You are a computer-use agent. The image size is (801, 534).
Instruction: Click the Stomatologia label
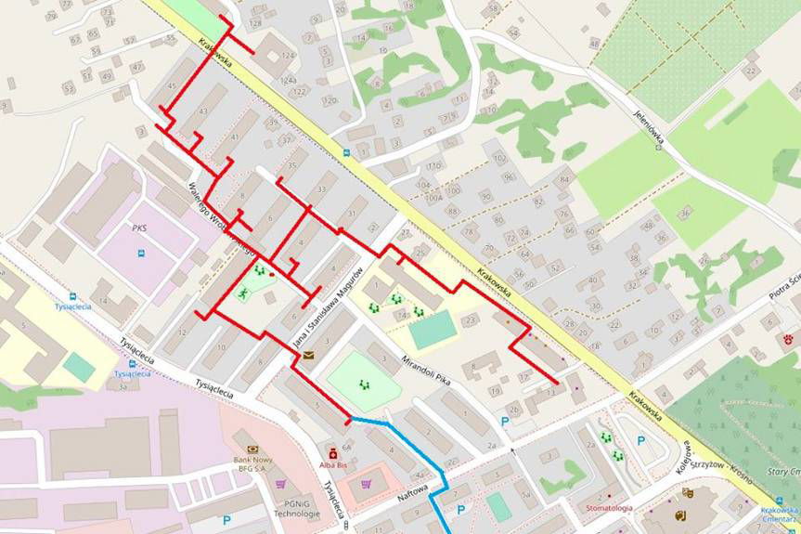609,508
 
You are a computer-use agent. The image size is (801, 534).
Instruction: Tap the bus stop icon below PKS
140,253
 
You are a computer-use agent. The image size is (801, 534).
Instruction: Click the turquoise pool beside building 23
433,329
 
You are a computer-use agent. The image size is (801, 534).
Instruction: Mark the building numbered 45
171,87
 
